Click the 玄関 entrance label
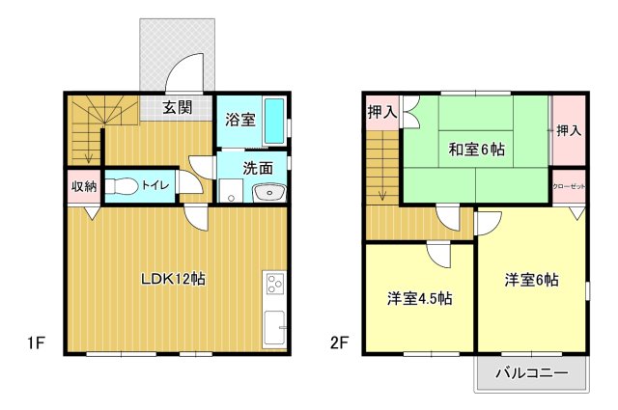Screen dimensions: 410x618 (x=176, y=107)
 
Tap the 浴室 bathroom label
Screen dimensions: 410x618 (x=240, y=121)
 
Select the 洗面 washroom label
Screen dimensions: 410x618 (x=257, y=167)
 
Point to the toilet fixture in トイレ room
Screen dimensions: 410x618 (x=121, y=186)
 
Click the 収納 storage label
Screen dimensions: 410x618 (x=83, y=186)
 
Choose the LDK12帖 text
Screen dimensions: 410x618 (x=173, y=280)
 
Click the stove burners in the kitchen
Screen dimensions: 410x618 (x=274, y=285)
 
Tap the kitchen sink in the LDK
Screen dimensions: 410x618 (x=274, y=331)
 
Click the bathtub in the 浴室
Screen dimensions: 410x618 (x=273, y=121)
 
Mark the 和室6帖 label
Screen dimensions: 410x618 (x=476, y=149)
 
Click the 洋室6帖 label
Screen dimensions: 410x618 (x=531, y=280)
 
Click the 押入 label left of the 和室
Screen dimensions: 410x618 (x=381, y=113)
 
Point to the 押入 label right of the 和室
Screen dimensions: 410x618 (x=569, y=129)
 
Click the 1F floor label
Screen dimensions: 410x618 (x=36, y=342)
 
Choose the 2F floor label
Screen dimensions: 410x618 (x=339, y=342)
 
